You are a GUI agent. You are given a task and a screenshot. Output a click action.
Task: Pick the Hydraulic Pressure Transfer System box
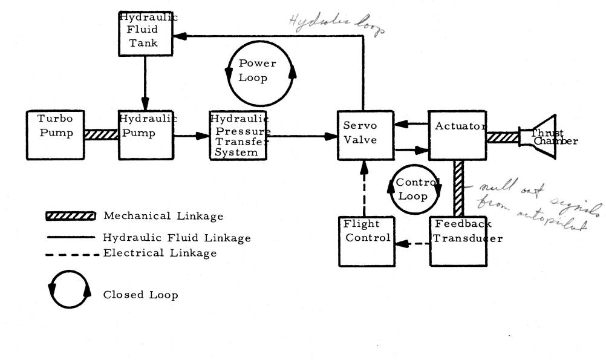(x=238, y=135)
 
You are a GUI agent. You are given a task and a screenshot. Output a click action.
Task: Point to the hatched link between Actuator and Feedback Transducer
(x=458, y=188)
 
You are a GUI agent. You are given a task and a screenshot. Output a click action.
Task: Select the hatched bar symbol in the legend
(x=71, y=216)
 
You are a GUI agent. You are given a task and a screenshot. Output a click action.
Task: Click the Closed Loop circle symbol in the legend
(x=71, y=293)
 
